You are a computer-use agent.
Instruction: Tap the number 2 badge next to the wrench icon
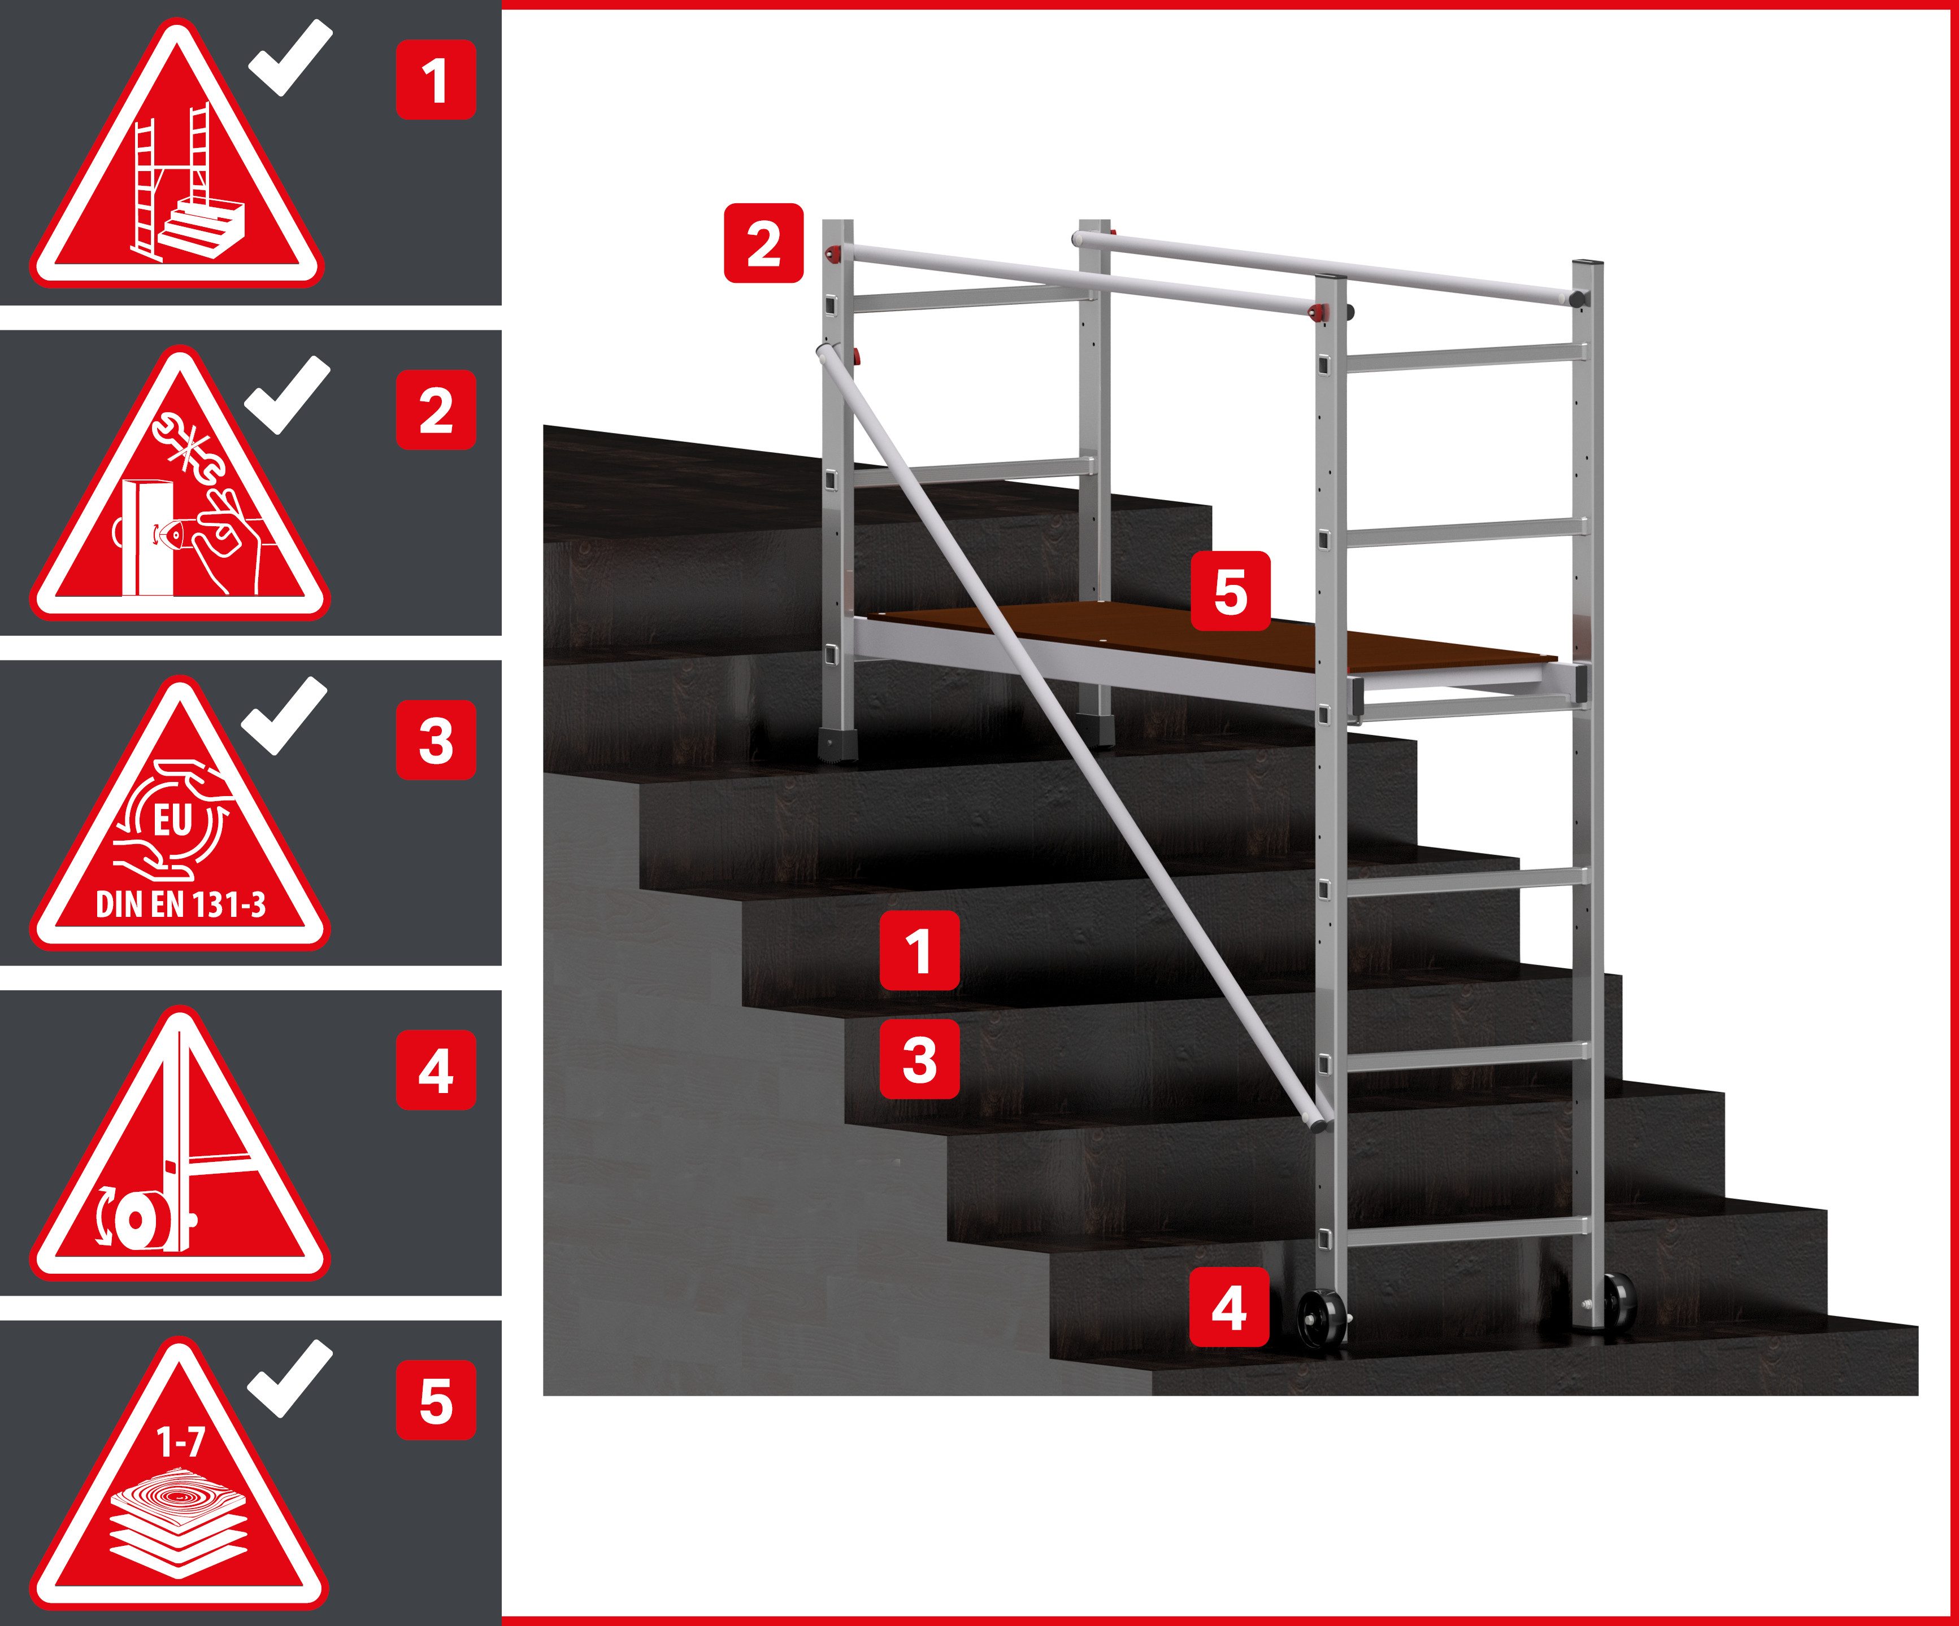point(436,410)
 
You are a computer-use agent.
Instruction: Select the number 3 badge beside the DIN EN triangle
point(436,741)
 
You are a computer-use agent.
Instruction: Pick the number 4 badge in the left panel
point(436,1070)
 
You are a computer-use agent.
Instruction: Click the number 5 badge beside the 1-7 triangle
point(436,1401)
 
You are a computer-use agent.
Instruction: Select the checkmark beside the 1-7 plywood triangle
point(290,1379)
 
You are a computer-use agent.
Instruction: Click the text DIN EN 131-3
point(181,904)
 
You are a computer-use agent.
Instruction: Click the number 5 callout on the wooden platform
point(1231,591)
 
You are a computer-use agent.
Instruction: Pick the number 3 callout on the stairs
point(920,1059)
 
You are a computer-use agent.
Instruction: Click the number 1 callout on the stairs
point(920,950)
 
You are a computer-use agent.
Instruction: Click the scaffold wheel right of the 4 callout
point(1321,1318)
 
